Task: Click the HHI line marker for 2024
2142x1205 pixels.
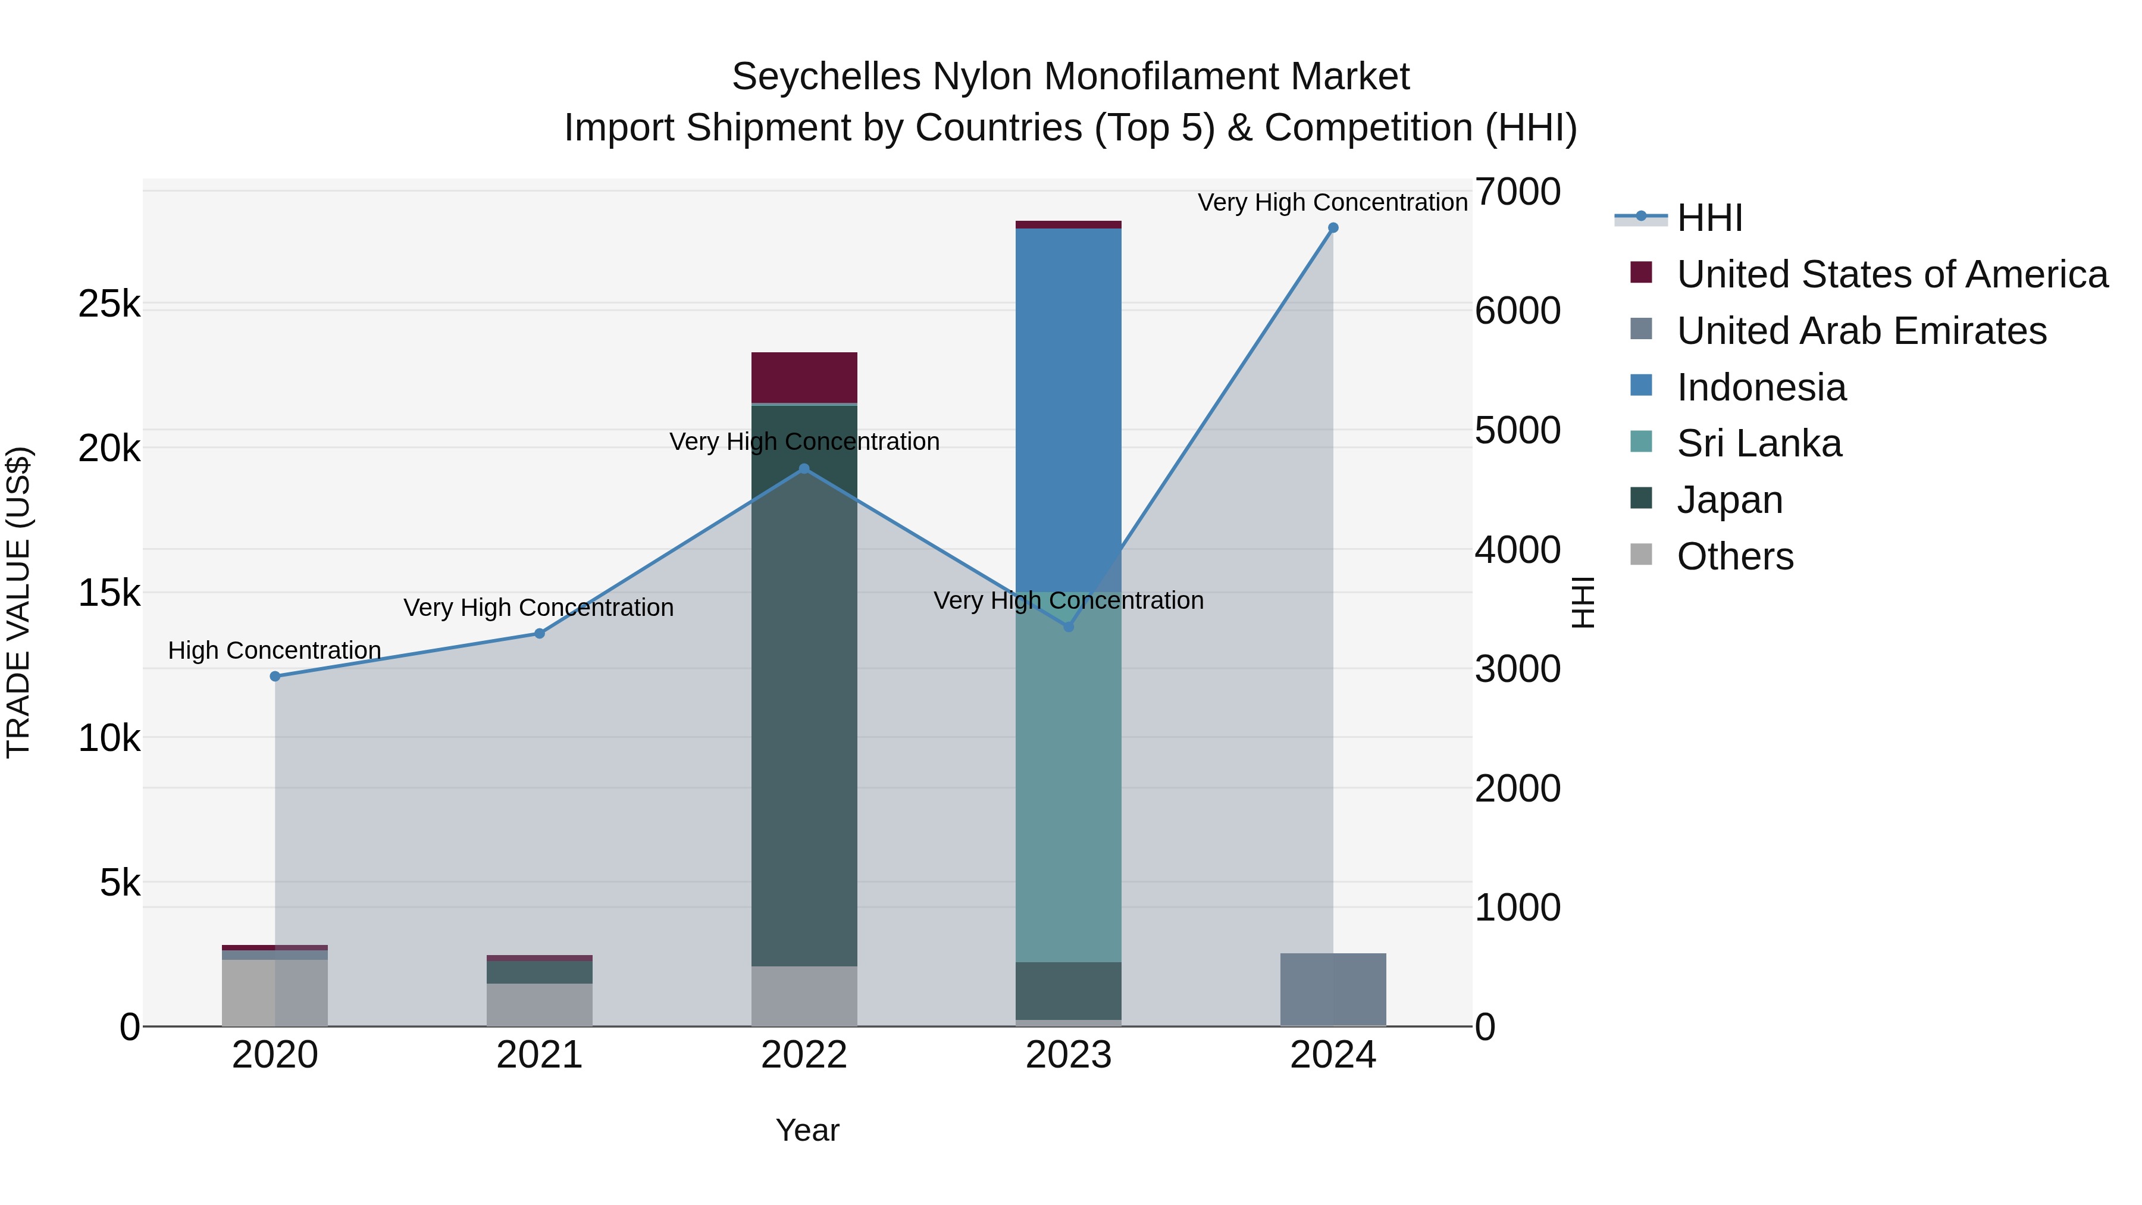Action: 1333,228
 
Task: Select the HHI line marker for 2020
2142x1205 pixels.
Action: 275,676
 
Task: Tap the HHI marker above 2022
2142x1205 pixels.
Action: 804,469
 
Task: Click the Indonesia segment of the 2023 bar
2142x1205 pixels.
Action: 1069,408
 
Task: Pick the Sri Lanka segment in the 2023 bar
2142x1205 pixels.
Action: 1069,778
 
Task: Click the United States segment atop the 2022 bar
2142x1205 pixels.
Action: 804,377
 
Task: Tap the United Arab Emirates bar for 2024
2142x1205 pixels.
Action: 1333,990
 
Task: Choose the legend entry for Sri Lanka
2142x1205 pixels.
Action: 1759,443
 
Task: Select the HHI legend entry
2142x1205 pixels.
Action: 1709,218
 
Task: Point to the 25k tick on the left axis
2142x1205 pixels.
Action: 109,304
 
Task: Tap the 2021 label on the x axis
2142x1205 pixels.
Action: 540,1055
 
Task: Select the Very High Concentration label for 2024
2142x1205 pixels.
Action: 1332,202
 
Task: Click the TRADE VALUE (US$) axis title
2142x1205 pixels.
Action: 18,602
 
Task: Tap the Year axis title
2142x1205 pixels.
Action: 807,1130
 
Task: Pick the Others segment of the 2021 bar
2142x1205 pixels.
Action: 540,1004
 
